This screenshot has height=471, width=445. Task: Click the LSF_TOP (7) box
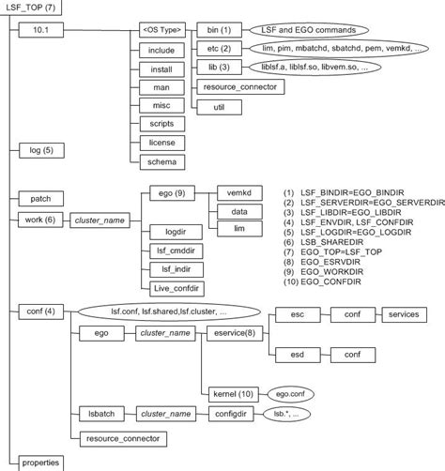click(30, 9)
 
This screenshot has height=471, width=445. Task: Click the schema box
click(156, 161)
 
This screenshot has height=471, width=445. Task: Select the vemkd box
click(238, 194)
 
